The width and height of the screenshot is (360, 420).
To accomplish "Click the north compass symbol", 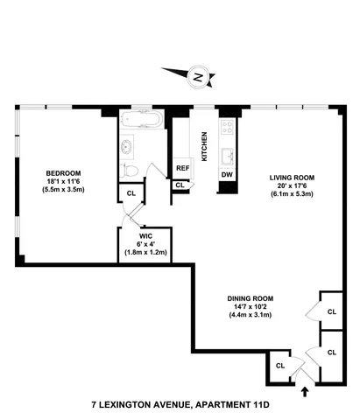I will (x=198, y=77).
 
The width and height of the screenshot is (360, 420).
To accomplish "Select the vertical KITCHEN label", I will (x=204, y=143).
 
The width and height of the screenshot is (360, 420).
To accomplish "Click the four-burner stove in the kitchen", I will (x=227, y=131).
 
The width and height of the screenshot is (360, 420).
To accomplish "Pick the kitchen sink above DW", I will (x=227, y=156).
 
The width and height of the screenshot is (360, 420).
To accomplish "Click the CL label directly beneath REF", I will (x=180, y=185).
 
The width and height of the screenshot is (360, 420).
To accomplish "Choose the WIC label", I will (x=145, y=235).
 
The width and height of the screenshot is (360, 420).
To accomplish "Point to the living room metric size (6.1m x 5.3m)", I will (x=291, y=194).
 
